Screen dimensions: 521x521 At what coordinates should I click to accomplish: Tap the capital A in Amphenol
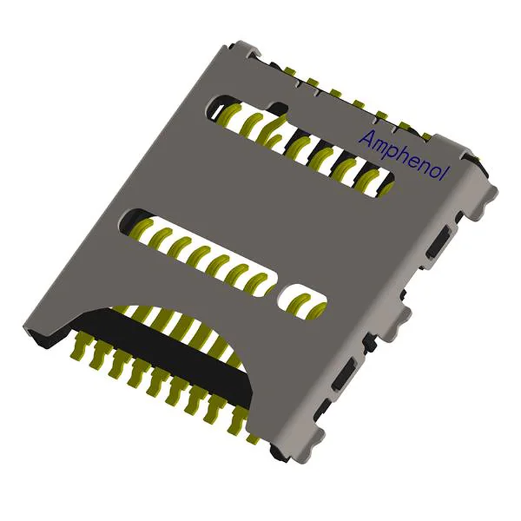[x=366, y=138]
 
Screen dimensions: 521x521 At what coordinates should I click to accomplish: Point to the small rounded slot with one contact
[x=301, y=301]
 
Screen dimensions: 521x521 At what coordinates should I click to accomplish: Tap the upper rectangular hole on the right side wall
[x=438, y=242]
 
